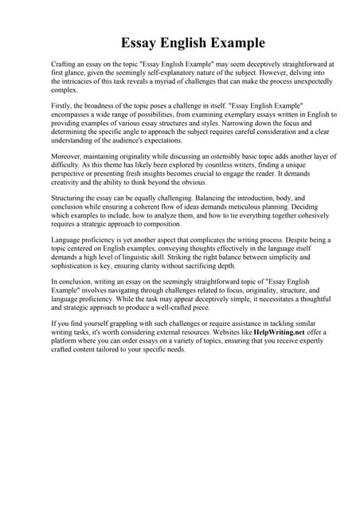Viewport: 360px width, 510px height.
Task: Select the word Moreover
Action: click(68, 157)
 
